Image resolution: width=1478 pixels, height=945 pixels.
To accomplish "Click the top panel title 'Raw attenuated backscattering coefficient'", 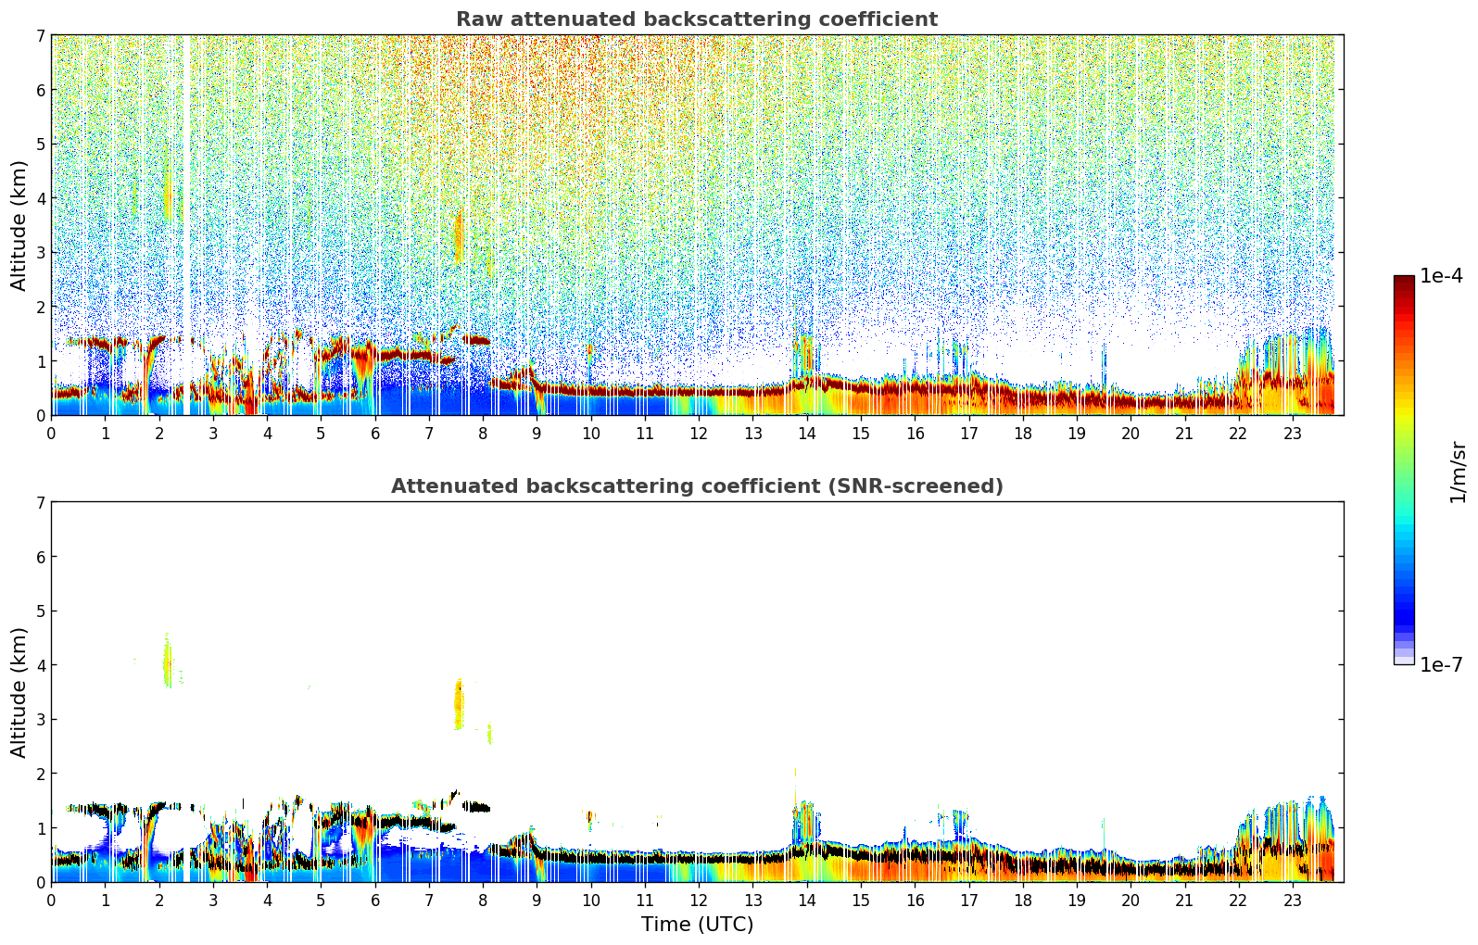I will tap(696, 19).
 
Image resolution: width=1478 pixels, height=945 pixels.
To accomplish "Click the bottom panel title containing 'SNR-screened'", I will tap(696, 486).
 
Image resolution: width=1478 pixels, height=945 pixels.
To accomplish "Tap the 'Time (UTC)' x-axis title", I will tap(697, 925).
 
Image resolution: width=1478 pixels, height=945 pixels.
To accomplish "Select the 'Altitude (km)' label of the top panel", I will tap(19, 225).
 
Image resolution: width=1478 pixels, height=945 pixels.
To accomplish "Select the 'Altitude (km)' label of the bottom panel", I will tap(19, 692).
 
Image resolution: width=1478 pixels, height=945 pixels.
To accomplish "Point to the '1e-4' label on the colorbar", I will tap(1441, 276).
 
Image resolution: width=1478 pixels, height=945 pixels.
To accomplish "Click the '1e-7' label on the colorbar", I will tap(1441, 664).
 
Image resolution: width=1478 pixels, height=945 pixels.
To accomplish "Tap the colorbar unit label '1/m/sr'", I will tap(1458, 472).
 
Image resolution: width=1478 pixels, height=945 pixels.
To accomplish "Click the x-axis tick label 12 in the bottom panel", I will tap(699, 901).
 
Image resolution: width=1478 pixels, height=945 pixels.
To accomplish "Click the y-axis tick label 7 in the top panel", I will tap(41, 36).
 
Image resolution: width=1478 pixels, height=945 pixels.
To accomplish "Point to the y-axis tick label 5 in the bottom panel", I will tap(41, 611).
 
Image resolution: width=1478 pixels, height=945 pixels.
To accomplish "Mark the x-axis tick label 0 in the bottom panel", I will tap(51, 901).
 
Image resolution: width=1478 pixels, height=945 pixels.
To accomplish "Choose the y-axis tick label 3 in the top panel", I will tap(41, 253).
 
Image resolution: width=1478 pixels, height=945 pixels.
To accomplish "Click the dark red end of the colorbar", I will tap(1403, 281).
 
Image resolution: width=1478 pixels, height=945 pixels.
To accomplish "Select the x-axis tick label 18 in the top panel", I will tap(1022, 434).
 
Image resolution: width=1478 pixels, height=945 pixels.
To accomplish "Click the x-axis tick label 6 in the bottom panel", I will tap(375, 901).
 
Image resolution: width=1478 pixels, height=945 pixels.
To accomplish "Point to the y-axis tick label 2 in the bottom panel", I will tap(41, 774).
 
